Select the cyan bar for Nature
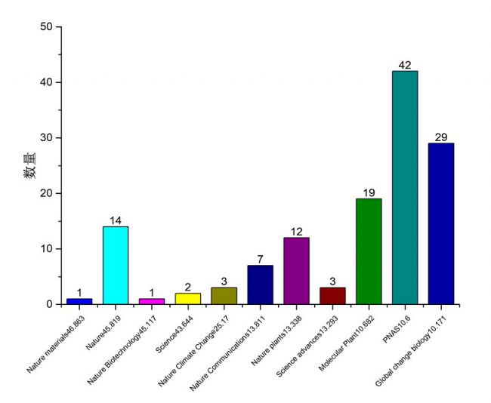coord(116,265)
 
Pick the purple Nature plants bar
coord(296,271)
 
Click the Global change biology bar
coord(440,223)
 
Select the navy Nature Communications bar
coord(260,285)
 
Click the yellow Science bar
coord(188,298)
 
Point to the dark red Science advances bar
coord(332,296)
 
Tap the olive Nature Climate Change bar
coord(224,296)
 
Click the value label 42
coord(404,65)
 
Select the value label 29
coord(440,137)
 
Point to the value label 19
coord(369,192)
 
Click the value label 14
coord(116,220)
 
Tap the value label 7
coord(260,260)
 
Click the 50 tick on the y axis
coord(48,27)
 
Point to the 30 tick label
coord(48,138)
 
